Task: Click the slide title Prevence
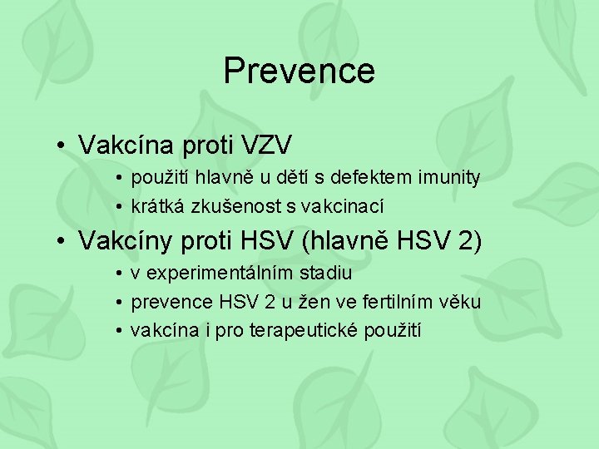[x=299, y=71]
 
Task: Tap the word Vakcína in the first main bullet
[x=124, y=146]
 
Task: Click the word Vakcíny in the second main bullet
[x=126, y=241]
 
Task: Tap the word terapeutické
[x=303, y=330]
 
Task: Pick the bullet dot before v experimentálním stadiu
[x=121, y=274]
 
